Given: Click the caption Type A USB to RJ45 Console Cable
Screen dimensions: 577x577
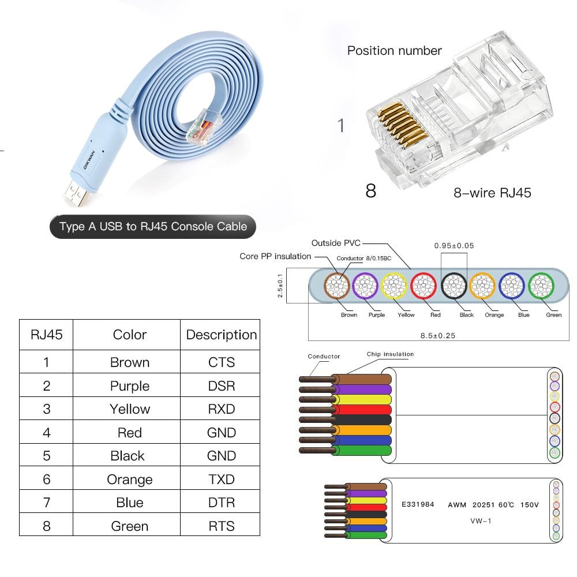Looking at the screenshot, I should pos(153,227).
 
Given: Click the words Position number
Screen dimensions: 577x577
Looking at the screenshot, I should pos(395,51).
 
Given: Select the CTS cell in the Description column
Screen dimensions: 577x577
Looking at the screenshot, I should pos(222,362).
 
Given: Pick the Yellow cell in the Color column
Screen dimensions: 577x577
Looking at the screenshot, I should pos(130,409).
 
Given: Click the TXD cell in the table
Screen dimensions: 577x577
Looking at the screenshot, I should pos(222,479).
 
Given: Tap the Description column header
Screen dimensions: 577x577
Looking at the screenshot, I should pos(222,335).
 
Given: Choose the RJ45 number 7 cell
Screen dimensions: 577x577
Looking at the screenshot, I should pos(47,503).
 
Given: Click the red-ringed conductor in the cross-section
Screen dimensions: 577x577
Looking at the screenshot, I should pos(424,285).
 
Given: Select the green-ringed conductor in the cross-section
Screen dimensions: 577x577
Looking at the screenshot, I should pos(541,285).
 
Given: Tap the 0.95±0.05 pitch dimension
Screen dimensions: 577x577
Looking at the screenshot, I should pos(454,246).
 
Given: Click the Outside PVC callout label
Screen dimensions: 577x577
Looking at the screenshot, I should pos(336,243).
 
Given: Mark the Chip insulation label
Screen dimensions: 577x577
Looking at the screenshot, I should pos(390,354).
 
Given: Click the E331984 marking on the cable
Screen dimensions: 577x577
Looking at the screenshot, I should pos(418,505).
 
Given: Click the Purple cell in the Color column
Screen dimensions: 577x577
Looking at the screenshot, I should pos(130,386).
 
